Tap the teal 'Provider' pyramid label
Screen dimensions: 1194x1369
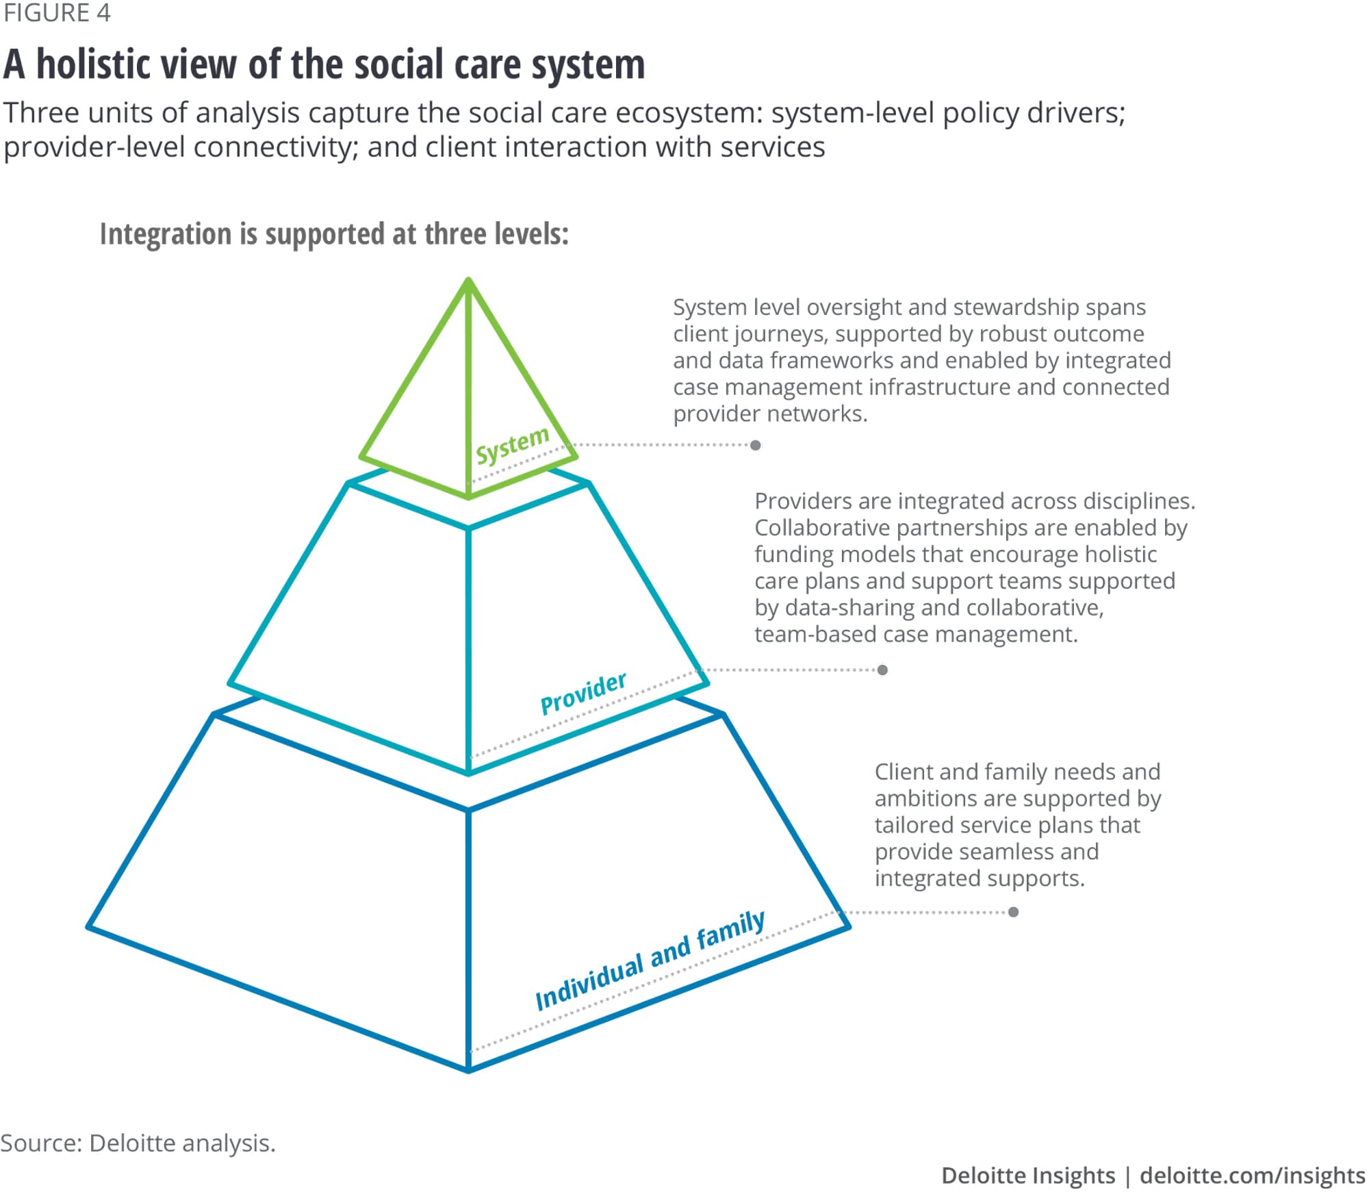point(583,693)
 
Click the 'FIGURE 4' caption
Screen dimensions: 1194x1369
point(56,14)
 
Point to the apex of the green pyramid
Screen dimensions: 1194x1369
point(468,280)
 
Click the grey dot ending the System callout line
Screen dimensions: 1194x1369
point(756,446)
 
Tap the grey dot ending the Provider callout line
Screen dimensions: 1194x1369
point(883,670)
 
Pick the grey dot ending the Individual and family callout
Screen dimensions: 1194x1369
point(1014,912)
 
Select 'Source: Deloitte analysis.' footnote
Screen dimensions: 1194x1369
point(138,1143)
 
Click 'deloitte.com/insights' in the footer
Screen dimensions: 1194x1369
point(1252,1175)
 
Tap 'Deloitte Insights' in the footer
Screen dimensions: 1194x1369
point(1028,1175)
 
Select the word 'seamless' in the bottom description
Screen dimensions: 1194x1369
point(1008,852)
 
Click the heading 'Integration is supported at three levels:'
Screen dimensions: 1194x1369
point(334,234)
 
